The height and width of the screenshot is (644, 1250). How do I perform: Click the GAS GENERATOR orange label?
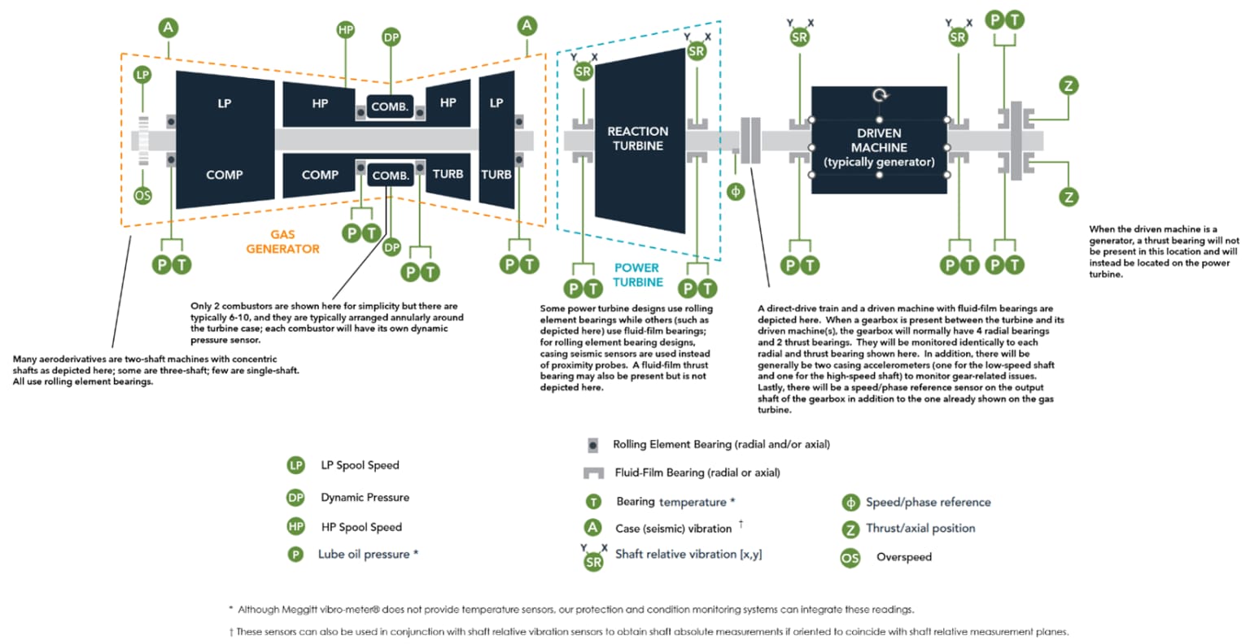pyautogui.click(x=282, y=241)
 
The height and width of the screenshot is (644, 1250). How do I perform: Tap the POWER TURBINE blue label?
pyautogui.click(x=638, y=275)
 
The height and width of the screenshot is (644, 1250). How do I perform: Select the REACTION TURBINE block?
pyautogui.click(x=638, y=139)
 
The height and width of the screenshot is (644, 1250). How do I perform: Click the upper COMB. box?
pyautogui.click(x=390, y=107)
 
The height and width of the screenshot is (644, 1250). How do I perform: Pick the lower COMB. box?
pyautogui.click(x=391, y=176)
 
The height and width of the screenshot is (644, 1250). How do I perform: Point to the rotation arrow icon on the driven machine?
pyautogui.click(x=880, y=96)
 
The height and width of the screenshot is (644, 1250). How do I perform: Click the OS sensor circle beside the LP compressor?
pyautogui.click(x=142, y=196)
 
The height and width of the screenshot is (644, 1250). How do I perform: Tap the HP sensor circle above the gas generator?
pyautogui.click(x=346, y=30)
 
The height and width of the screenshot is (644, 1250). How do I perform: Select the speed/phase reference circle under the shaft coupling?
pyautogui.click(x=736, y=193)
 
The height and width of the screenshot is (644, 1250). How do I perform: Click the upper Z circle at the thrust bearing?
pyautogui.click(x=1069, y=85)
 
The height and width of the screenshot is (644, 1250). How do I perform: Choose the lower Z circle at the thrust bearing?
pyautogui.click(x=1069, y=196)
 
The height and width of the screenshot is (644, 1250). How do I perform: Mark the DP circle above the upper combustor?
pyautogui.click(x=391, y=37)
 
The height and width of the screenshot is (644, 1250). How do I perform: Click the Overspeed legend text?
pyautogui.click(x=903, y=558)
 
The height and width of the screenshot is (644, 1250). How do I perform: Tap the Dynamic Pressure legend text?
pyautogui.click(x=365, y=498)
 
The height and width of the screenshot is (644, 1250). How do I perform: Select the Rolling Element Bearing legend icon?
pyautogui.click(x=593, y=445)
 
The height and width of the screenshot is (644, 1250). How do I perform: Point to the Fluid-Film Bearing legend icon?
pyautogui.click(x=593, y=473)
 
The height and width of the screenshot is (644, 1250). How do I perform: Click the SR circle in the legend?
pyautogui.click(x=594, y=561)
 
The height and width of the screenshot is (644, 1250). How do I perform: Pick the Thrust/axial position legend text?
pyautogui.click(x=920, y=529)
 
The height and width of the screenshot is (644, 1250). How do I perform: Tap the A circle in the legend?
pyautogui.click(x=593, y=528)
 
